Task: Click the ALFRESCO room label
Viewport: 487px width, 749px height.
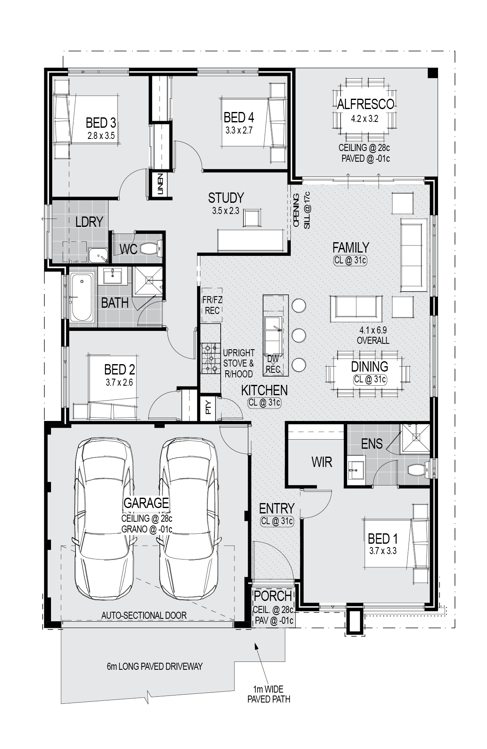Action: pos(365,104)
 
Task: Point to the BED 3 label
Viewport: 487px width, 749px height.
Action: pos(101,123)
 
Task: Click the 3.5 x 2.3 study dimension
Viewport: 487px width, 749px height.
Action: pos(226,211)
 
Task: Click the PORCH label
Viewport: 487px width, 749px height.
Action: pos(273,596)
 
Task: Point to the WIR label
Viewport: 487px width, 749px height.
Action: pos(322,462)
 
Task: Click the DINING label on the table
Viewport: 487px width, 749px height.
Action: pos(370,367)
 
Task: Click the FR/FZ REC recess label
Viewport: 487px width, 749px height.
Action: pos(212,305)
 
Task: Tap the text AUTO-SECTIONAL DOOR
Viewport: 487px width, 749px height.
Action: pos(144,615)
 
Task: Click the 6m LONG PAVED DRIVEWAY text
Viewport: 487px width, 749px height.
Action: pos(155,666)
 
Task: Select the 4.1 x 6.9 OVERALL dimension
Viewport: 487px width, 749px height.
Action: pos(373,336)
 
